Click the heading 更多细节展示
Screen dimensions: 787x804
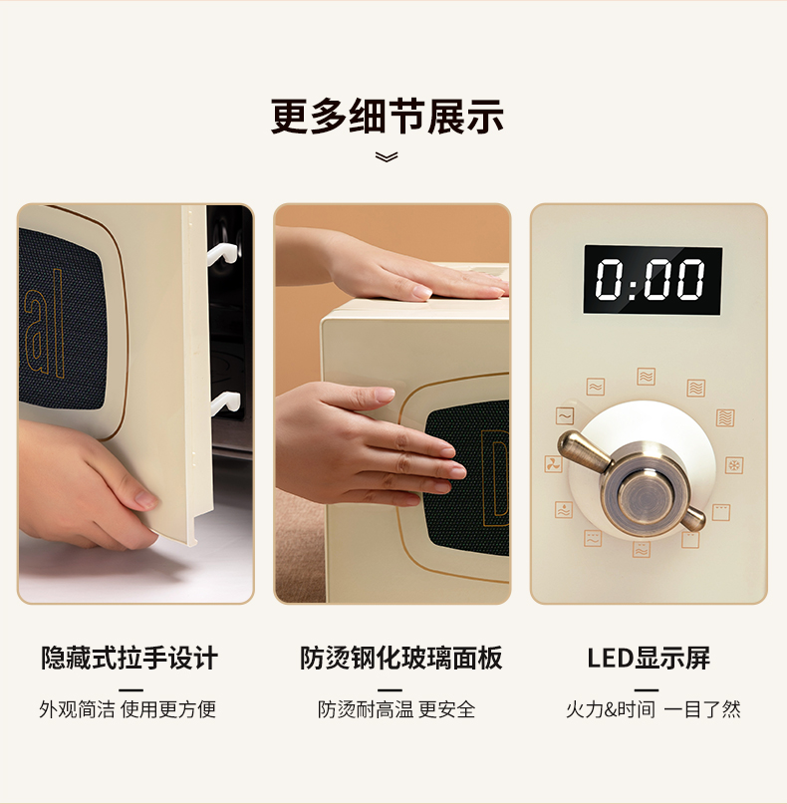[x=388, y=117]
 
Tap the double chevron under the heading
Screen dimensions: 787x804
[x=387, y=156]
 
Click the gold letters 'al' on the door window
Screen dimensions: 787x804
[x=45, y=324]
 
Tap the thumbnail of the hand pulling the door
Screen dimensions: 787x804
[x=135, y=403]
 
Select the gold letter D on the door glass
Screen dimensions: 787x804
[x=495, y=478]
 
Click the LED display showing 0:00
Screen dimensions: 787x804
[x=653, y=279]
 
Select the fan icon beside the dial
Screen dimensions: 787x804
[x=553, y=464]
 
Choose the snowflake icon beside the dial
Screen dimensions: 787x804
[x=734, y=465]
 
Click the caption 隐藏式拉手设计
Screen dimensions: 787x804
[x=130, y=658]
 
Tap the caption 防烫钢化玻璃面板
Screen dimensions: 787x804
[x=400, y=658]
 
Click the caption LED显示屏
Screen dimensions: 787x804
[x=649, y=658]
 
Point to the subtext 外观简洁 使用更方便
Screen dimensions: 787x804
[x=128, y=709]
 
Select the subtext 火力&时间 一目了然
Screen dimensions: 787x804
[x=654, y=709]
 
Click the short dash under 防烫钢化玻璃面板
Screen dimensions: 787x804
[x=390, y=690]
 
